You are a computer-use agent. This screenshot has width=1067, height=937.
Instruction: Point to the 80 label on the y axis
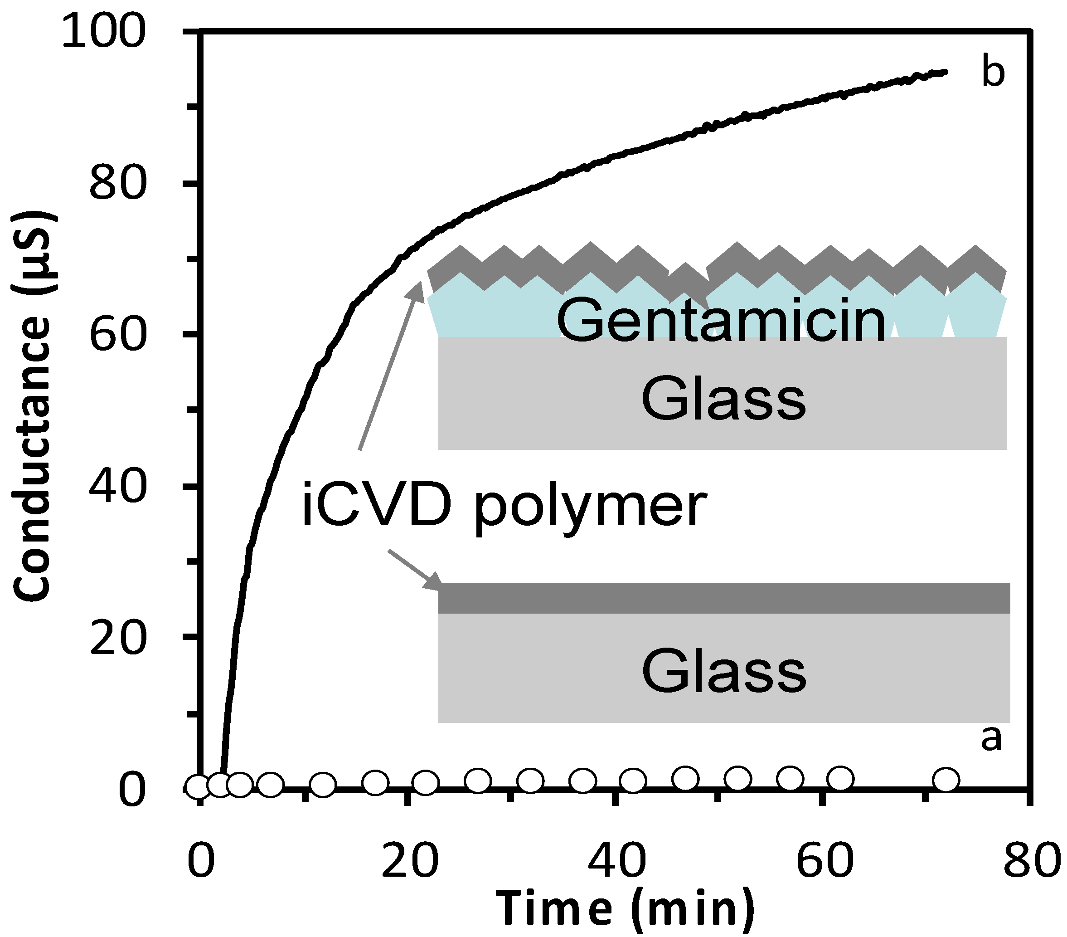116,183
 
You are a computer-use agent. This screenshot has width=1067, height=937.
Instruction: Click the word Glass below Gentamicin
723,400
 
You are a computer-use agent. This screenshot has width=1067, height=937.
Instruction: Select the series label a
991,739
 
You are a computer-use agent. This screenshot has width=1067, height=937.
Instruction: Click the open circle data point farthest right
946,780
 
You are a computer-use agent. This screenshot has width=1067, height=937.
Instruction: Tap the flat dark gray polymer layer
723,598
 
